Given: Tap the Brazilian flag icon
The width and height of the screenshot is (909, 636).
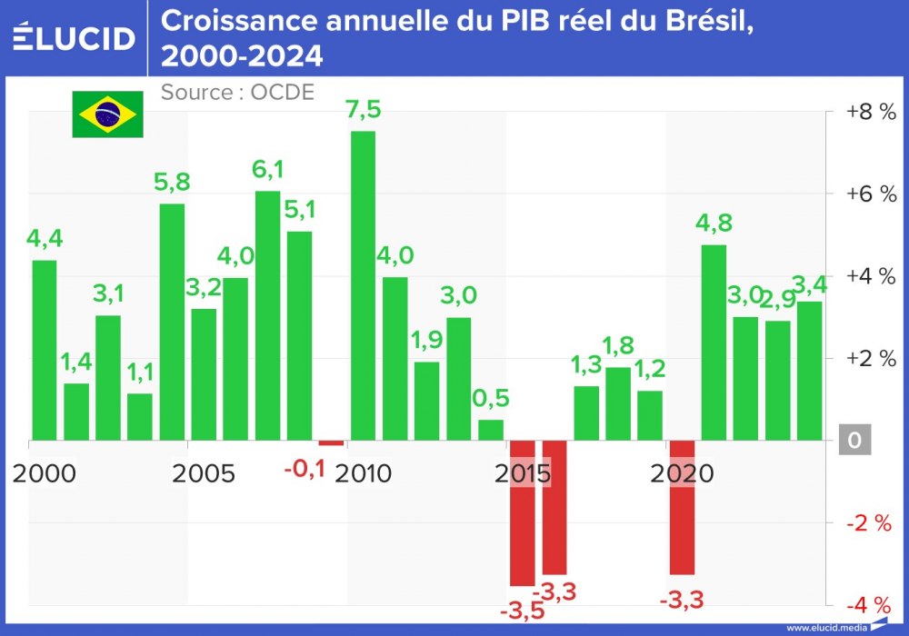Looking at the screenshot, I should coord(108,114).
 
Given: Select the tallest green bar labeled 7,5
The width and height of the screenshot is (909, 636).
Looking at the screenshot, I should coord(363,286).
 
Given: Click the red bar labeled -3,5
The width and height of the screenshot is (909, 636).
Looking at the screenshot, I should coord(522,513).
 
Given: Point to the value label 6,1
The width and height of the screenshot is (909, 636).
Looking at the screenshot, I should coord(267,170).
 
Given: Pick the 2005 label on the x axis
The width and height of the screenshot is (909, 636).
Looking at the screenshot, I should coord(204,473).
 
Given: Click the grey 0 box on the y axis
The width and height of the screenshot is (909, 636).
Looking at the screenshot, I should coord(854,441).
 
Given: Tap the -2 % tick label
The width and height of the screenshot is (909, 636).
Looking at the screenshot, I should coord(870,522).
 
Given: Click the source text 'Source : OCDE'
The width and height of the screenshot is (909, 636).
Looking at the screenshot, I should coord(237,92).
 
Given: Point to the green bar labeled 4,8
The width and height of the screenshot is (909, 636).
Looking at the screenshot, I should coord(714,343).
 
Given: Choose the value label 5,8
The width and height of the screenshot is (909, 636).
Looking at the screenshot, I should coord(172,182).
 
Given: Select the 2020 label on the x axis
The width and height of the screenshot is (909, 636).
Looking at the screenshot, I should coord(684,473).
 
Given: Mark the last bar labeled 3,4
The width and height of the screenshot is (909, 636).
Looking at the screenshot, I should coord(809,371).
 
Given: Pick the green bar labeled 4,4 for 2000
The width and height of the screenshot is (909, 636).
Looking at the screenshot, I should coord(45,350).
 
